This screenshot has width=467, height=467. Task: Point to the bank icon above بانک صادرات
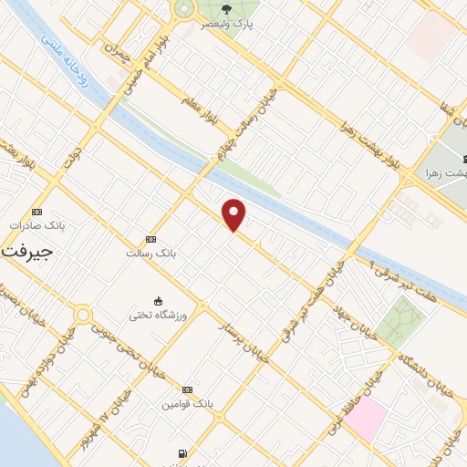click(36, 210)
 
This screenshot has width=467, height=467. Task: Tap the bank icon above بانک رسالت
click(150, 238)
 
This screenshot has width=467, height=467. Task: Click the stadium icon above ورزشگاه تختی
click(159, 301)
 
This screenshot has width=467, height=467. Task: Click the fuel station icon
click(183, 453)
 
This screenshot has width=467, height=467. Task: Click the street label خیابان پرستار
click(244, 339)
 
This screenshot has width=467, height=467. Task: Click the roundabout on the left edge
click(82, 316)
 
